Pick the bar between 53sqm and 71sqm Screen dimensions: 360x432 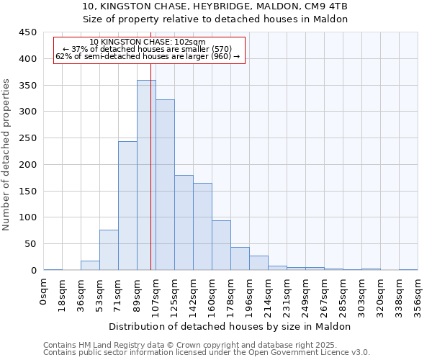[109, 250]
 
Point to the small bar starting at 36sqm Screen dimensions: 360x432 [90, 265]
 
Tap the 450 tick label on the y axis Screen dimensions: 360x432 [27, 32]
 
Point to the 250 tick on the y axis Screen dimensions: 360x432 [27, 138]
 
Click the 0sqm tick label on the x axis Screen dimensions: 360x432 [44, 294]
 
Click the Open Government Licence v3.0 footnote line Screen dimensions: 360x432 [207, 352]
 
